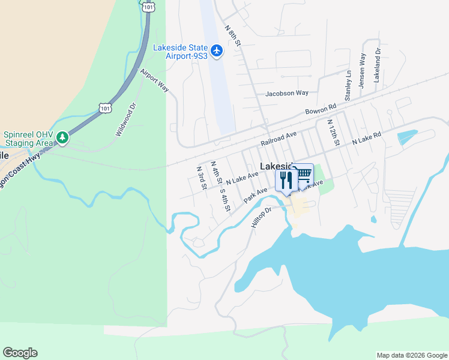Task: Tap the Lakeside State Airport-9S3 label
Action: [180, 52]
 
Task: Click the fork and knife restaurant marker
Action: [285, 179]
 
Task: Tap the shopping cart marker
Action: [304, 173]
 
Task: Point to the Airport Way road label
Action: [155, 80]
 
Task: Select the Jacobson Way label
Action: [287, 93]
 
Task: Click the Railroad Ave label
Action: [279, 139]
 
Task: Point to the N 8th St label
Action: [232, 36]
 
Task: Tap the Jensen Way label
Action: [362, 71]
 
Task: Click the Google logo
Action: [20, 353]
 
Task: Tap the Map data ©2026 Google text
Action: [412, 355]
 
